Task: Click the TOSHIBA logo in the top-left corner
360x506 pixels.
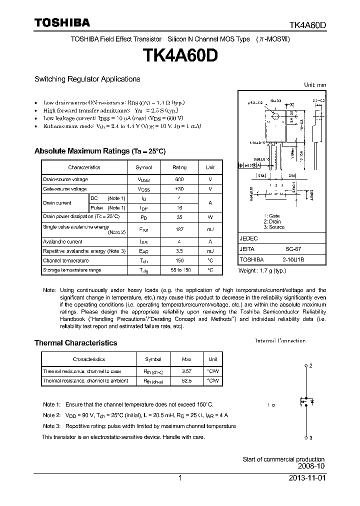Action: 62,22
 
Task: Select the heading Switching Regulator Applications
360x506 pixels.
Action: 87,79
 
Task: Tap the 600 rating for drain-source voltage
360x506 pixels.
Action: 179,179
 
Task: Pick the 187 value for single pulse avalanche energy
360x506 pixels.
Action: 179,229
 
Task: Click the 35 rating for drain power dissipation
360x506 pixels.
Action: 179,217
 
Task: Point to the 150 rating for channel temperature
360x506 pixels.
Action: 179,261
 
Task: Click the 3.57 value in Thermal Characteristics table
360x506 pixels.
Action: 186,371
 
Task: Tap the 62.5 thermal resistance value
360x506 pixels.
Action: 186,380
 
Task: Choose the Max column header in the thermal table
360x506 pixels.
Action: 186,359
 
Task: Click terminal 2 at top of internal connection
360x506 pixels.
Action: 306,366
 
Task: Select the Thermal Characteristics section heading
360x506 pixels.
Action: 75,343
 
